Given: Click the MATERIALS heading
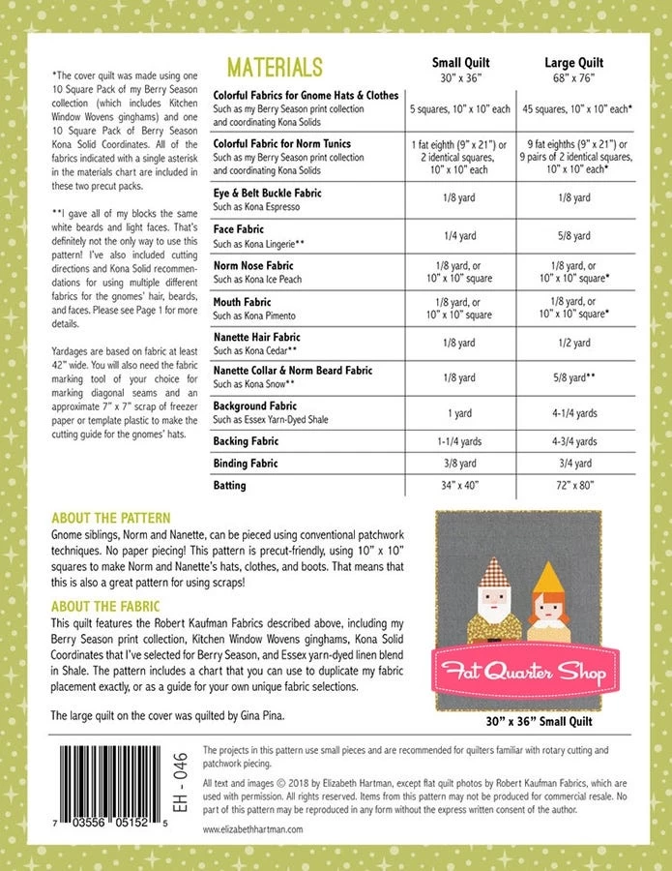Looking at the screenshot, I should (x=274, y=67).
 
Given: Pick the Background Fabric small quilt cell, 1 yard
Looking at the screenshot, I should (x=460, y=413).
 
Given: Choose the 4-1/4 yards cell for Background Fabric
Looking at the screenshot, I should (x=574, y=413).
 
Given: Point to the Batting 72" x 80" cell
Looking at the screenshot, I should (x=574, y=485).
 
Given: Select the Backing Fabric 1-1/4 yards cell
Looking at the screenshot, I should (x=460, y=441).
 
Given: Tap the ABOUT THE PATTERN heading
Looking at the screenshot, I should (x=110, y=518).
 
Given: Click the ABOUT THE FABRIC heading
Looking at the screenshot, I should (x=105, y=607).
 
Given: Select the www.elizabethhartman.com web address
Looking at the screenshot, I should (x=253, y=829).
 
